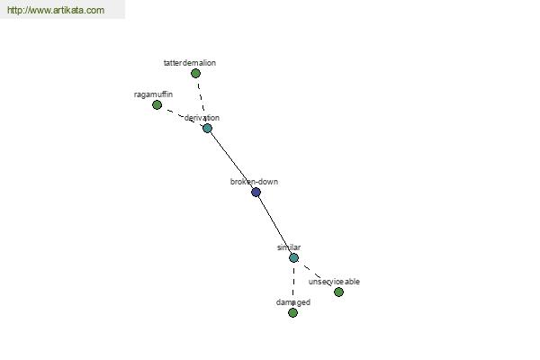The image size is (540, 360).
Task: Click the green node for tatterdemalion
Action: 195,74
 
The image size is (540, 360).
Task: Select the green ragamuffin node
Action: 157,104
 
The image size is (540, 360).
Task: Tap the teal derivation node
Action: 207,129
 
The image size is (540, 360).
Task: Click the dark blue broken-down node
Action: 256,193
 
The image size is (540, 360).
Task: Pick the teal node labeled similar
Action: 293,257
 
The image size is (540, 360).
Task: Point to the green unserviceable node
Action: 339,292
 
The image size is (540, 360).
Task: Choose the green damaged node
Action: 293,313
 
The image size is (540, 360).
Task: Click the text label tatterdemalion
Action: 190,63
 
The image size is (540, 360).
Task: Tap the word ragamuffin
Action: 153,94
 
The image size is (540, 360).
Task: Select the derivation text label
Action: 202,118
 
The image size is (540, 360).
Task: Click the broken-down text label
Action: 254,182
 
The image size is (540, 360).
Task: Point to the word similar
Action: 289,247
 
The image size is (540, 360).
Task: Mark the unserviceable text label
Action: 334,282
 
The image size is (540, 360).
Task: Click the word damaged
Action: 293,302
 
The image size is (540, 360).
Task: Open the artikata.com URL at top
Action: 56,10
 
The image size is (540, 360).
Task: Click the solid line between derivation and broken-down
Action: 231,160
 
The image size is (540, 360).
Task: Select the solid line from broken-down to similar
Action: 274,225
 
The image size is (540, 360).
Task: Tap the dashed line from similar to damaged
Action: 293,285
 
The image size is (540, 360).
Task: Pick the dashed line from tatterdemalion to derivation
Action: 202,101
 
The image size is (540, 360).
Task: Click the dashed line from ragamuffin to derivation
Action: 182,116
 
